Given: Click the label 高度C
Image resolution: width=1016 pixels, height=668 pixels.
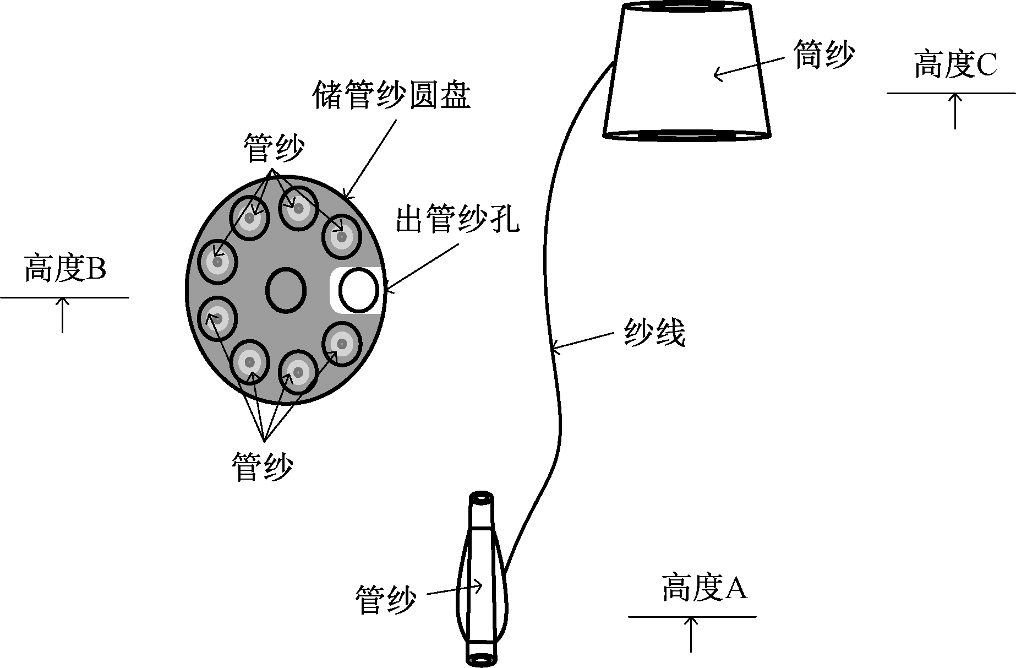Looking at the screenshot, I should pos(955,66).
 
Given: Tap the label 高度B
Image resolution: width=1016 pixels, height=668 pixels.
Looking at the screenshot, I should pos(64,269).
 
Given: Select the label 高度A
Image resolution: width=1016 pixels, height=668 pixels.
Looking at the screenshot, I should pos(704,588).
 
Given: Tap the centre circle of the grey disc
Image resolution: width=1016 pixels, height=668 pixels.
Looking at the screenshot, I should pos(286,290).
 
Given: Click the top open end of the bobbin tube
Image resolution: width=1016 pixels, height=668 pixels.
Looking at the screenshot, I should pos(482,499).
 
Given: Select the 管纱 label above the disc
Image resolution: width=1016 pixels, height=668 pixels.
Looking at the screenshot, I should pos(273,148).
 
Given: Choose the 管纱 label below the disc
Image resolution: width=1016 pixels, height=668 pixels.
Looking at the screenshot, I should pos(262,467).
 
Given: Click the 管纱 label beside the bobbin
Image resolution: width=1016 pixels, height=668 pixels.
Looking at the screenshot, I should pos(385,599).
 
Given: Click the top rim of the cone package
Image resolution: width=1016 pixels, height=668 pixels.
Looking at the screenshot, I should pos(686,7).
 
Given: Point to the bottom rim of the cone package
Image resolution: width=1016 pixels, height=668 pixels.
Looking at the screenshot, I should pos(686,134).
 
